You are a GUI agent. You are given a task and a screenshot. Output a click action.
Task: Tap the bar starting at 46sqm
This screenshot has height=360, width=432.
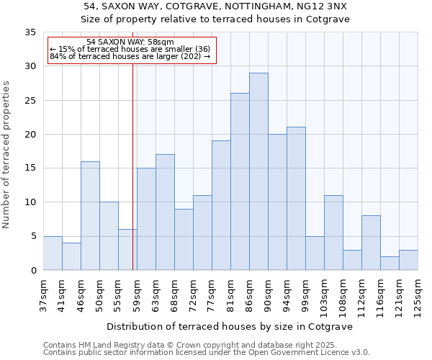click(90, 216)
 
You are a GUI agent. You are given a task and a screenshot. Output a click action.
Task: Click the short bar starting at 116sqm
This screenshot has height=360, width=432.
click(390, 263)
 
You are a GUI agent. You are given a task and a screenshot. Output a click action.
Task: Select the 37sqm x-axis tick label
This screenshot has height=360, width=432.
click(44, 294)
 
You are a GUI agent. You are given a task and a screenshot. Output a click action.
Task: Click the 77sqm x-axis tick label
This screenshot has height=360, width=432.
click(212, 294)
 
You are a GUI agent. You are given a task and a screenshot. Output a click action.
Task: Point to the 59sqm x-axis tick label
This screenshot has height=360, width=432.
click(138, 294)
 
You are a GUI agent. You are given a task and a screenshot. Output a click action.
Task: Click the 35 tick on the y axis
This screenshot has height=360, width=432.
click(30, 32)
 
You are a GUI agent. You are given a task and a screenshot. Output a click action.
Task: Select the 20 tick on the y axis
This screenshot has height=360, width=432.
click(30, 135)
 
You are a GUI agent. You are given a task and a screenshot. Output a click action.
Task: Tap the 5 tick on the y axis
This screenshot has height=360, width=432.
click(33, 236)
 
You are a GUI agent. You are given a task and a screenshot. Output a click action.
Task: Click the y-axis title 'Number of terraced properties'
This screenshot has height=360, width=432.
click(7, 155)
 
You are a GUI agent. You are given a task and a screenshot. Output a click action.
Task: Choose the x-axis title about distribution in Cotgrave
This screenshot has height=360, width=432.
click(230, 327)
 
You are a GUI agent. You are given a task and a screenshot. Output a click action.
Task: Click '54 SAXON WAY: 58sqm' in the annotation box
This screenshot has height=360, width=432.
click(130, 42)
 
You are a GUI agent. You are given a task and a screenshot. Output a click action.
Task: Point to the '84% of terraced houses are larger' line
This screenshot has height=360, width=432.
click(130, 56)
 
